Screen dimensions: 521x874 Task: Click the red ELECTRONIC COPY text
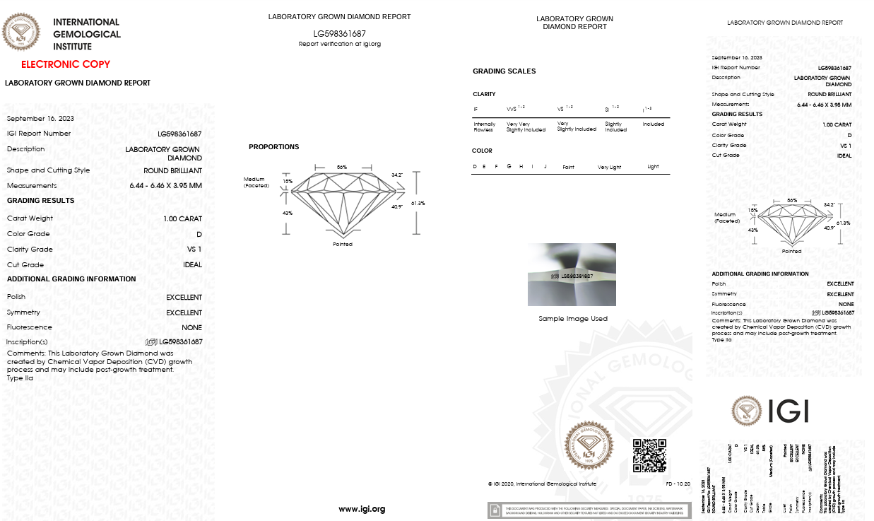pos(66,64)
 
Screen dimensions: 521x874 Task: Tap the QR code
pos(649,455)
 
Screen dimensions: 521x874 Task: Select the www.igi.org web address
pos(362,509)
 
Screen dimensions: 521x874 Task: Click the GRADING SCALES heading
pos(504,71)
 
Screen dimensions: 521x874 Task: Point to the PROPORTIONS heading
pos(273,147)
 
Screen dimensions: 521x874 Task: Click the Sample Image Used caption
pos(572,319)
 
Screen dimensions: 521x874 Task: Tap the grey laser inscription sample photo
pos(572,274)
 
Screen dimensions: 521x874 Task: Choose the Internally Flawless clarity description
pos(484,127)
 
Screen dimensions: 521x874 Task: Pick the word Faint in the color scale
pos(568,167)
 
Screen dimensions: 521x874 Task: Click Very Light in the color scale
pos(609,167)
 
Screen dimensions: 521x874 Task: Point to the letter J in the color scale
pos(545,167)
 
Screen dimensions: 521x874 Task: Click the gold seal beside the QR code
pos(587,445)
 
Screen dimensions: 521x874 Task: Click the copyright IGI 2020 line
pos(541,484)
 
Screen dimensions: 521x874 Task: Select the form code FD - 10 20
pos(678,484)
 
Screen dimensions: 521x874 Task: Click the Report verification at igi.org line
pos(339,44)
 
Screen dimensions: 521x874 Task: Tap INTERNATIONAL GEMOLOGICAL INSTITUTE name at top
pos(87,34)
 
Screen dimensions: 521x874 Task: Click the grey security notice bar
pos(589,510)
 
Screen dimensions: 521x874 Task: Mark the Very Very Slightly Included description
pos(526,127)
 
